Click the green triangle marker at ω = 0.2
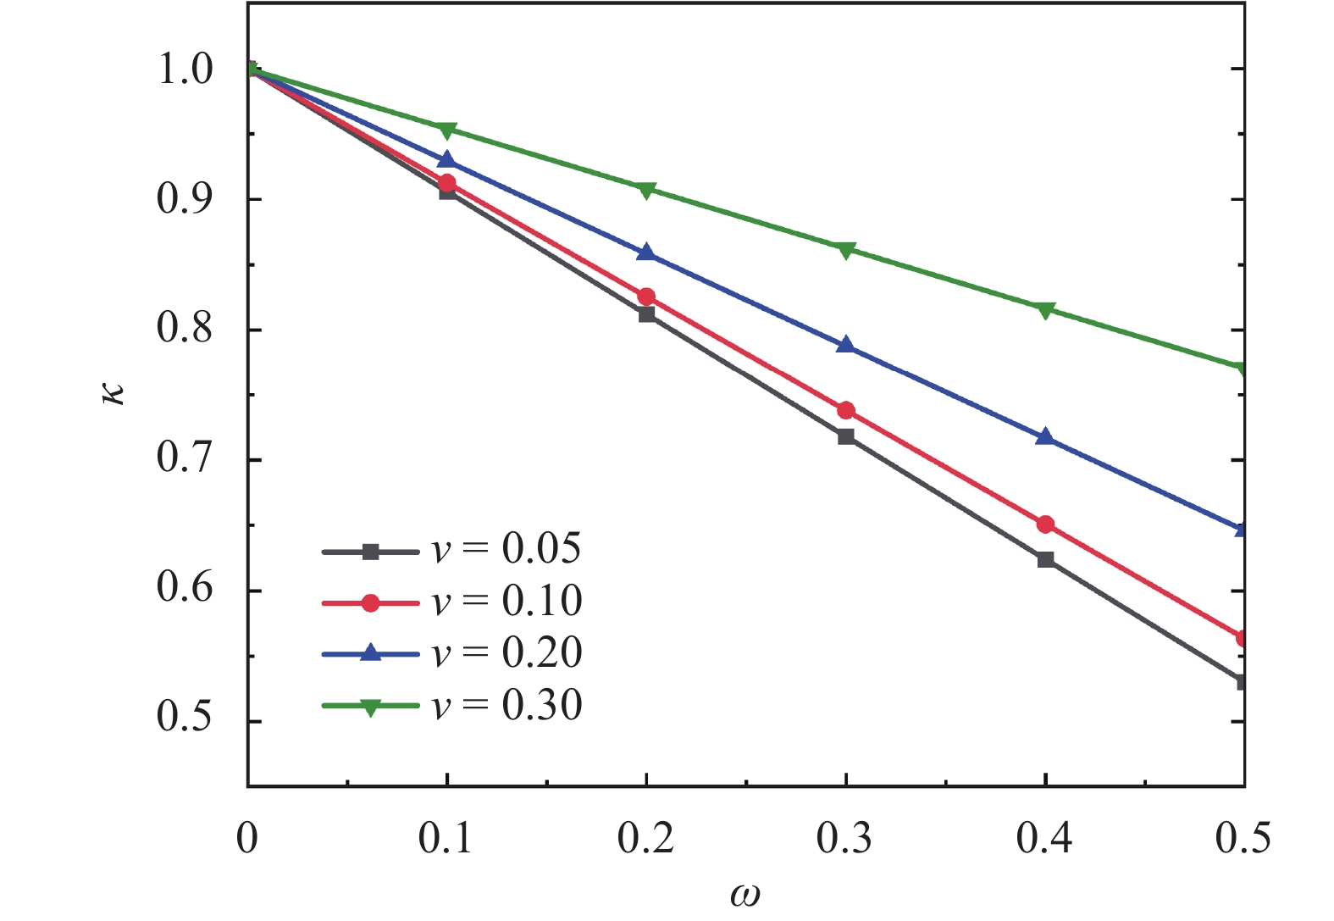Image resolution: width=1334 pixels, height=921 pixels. coord(646,189)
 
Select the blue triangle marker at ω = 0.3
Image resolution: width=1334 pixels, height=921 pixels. coord(845,345)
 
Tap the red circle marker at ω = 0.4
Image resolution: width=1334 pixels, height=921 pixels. coord(1045,524)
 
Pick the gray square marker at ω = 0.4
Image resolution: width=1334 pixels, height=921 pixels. coord(1045,559)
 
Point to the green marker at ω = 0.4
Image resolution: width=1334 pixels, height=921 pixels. coord(1045,310)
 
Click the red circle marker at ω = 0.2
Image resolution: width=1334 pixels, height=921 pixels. coord(646,297)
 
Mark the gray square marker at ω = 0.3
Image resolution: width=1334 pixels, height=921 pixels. coord(845,436)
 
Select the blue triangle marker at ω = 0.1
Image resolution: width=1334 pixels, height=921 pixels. coord(446,160)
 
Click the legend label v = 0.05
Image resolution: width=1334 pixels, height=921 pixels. coord(506,549)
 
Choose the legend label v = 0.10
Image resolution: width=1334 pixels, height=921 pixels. coord(506,602)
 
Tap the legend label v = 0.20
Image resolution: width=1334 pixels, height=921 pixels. coord(506,653)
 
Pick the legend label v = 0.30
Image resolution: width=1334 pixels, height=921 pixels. coord(506,706)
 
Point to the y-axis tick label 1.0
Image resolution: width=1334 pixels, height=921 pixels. coord(185,69)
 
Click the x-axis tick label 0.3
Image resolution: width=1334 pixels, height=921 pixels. coord(844,838)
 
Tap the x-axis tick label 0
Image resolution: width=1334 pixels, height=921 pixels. coord(247,838)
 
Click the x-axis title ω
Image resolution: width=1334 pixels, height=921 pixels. coord(744,895)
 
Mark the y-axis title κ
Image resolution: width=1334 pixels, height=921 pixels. coord(113,393)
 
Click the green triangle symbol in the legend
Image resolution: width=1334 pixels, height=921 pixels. coord(370,707)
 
